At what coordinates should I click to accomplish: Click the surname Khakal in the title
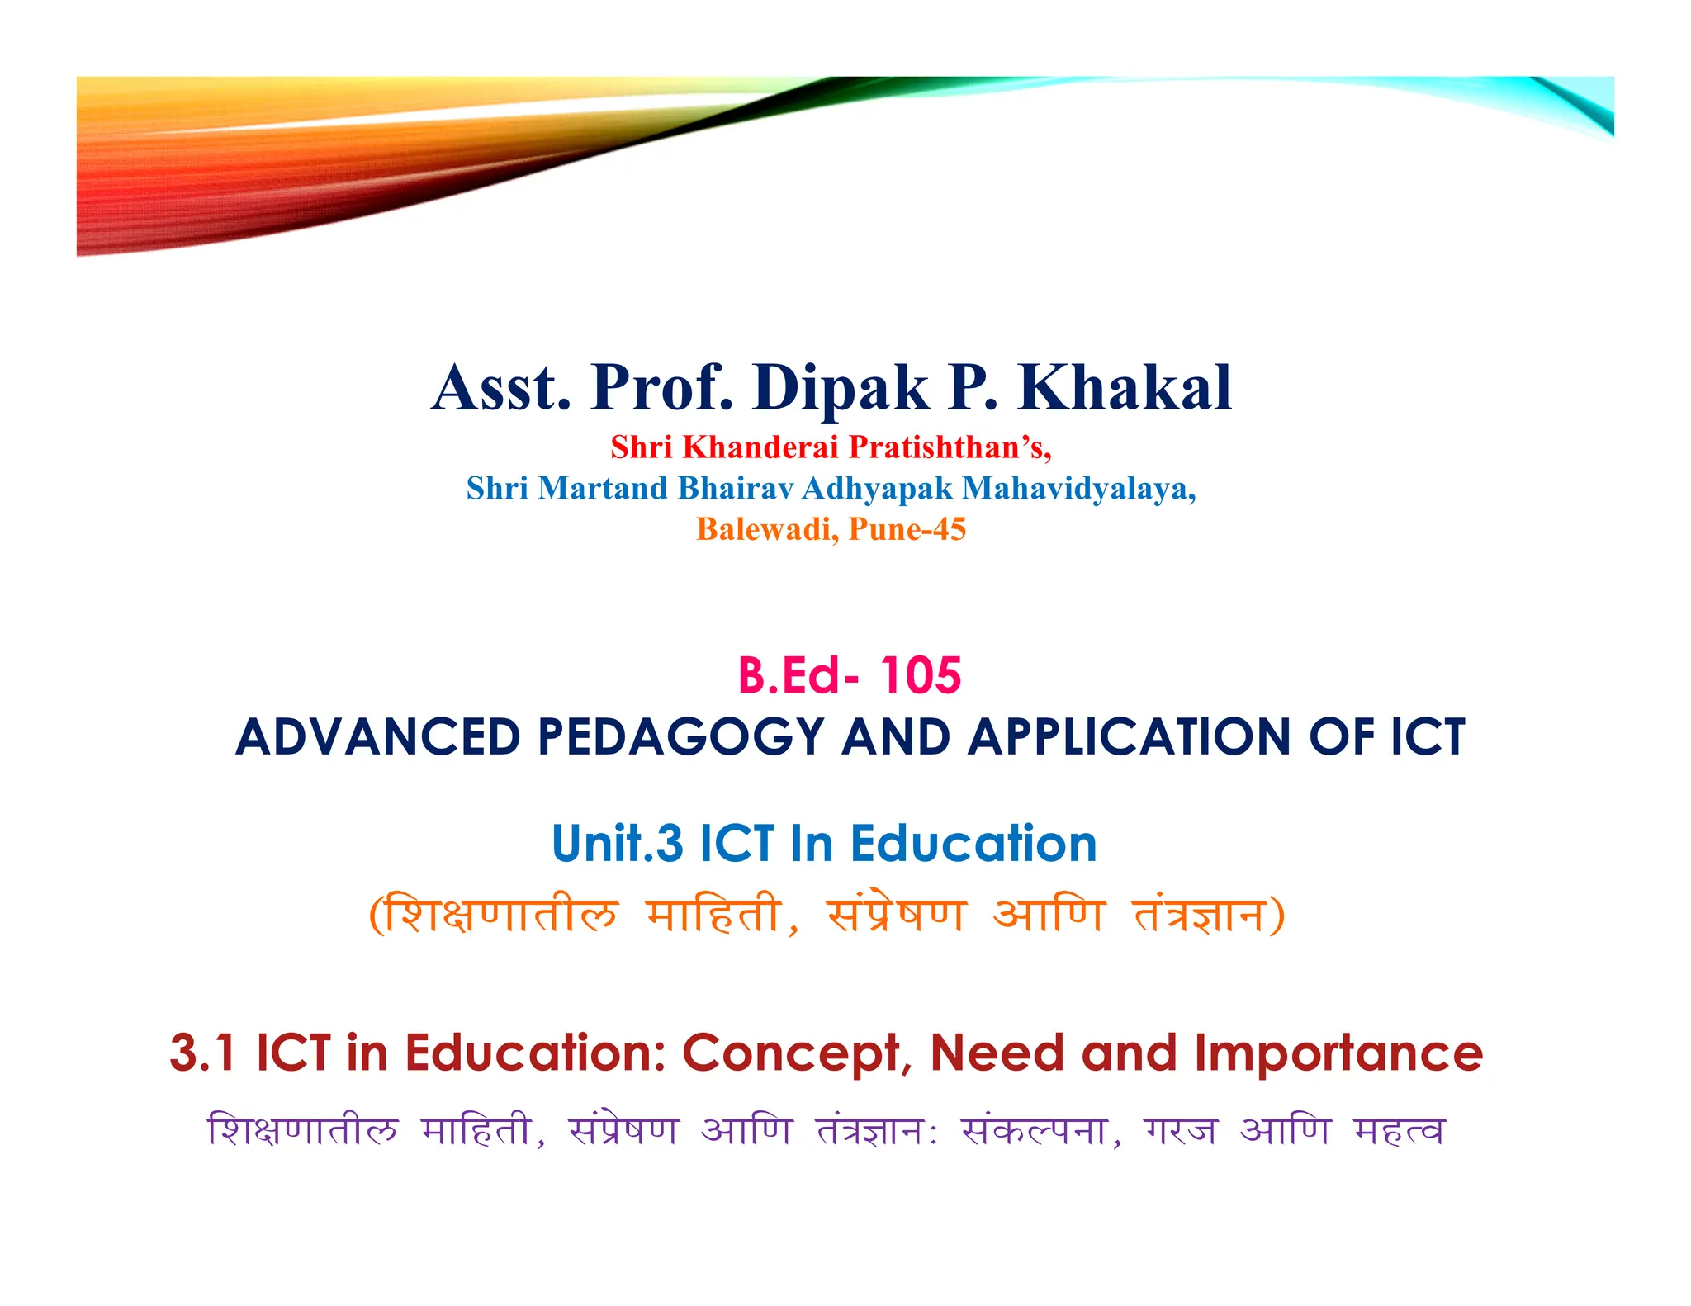(1125, 388)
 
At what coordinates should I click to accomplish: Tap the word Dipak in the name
(840, 390)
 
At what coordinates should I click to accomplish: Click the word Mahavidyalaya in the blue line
(1078, 489)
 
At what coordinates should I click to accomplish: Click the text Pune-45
(907, 529)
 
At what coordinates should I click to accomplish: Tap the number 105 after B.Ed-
(920, 676)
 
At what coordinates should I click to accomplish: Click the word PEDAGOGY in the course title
(681, 737)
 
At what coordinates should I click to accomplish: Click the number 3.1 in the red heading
(202, 1053)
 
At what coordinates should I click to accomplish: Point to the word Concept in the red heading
(791, 1053)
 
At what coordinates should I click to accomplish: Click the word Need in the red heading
(997, 1053)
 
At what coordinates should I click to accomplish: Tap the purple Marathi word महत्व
(1399, 1131)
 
